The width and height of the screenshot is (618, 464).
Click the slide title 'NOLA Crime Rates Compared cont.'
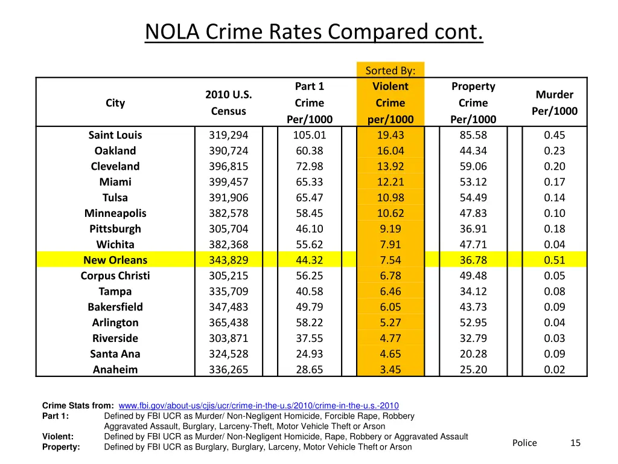pos(314,31)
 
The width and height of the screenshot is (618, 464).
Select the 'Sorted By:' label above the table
pos(390,71)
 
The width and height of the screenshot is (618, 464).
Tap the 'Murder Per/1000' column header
pos(554,103)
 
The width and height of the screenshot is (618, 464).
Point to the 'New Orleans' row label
pos(115,260)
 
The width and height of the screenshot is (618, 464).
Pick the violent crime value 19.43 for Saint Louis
pos(390,135)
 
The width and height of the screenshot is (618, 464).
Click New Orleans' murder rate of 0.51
pos(554,260)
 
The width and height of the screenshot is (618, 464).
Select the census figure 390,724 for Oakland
pos(228,151)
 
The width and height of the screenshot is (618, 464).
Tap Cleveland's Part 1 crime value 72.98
pos(309,167)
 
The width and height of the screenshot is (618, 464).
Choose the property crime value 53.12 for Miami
pos(473,182)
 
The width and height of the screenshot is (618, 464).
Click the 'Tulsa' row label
pos(115,198)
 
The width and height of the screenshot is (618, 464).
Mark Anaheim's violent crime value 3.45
pos(390,370)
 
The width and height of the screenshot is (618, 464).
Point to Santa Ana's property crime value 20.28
pos(473,354)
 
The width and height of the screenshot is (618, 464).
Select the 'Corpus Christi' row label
pos(115,276)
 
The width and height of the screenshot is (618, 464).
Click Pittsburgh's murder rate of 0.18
pos(554,229)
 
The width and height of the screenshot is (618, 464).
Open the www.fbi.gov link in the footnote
pos(258,406)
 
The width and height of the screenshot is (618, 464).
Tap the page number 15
pos(575,443)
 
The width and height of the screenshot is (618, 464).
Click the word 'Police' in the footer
pos(524,443)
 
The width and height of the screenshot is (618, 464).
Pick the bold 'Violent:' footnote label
pos(58,437)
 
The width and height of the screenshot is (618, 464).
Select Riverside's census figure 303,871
pos(228,338)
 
